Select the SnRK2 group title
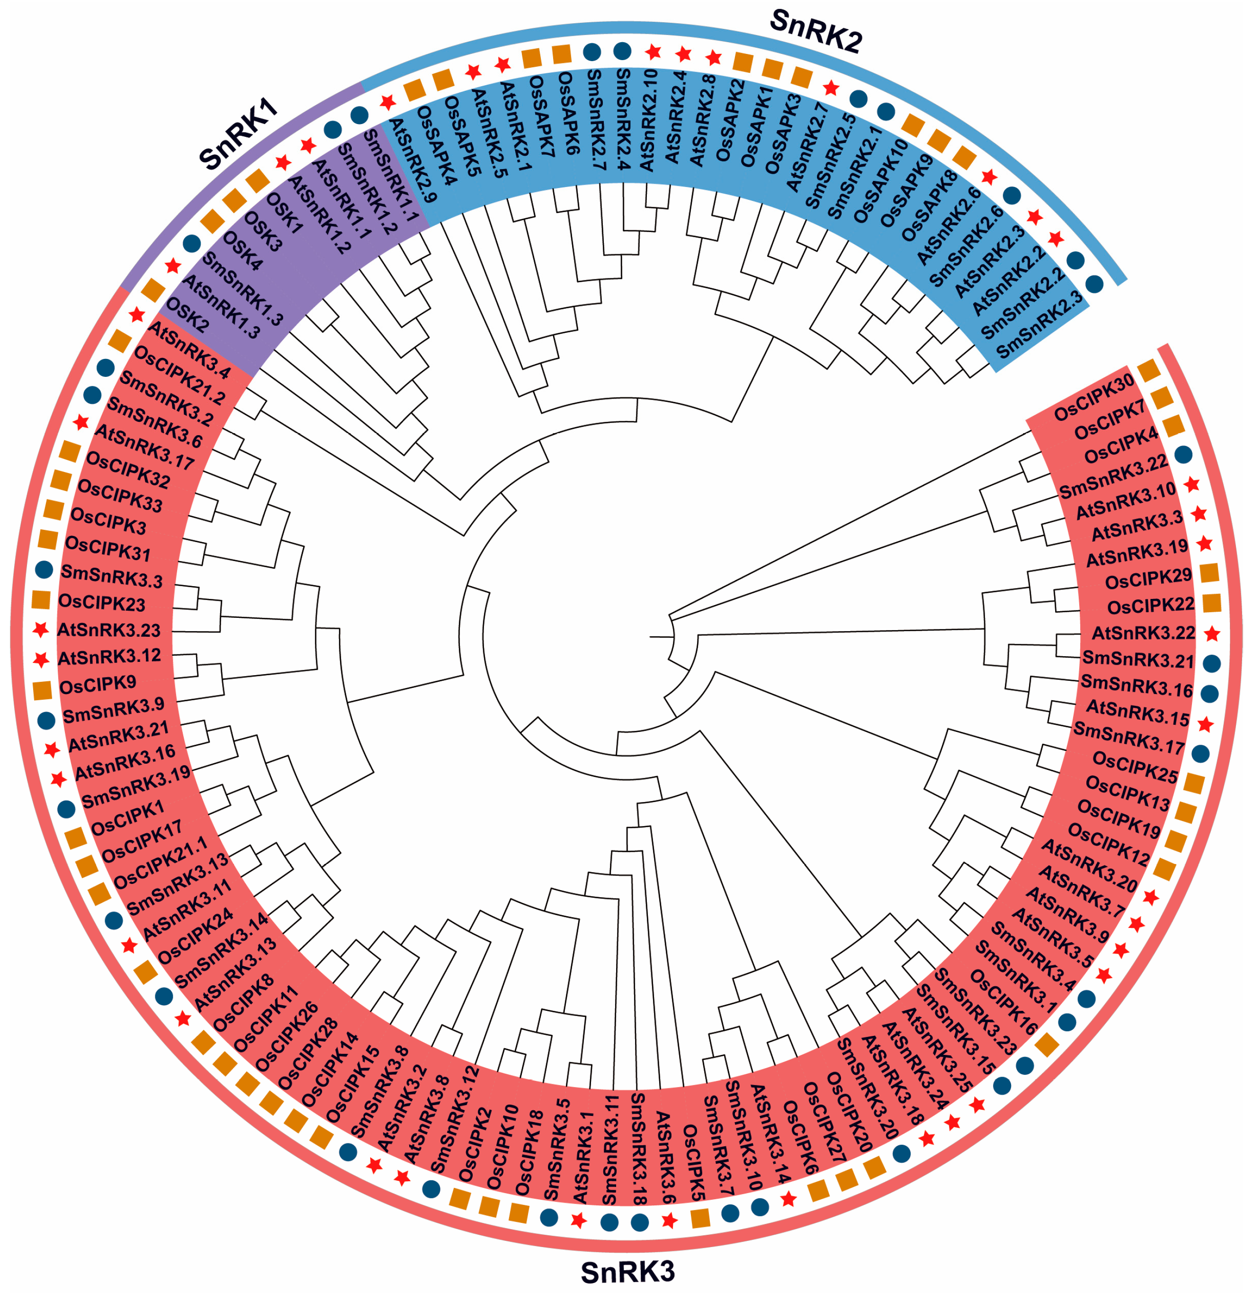816,31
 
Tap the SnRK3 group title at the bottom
627,1271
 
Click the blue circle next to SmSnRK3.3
44,569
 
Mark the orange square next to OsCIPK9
42,690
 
